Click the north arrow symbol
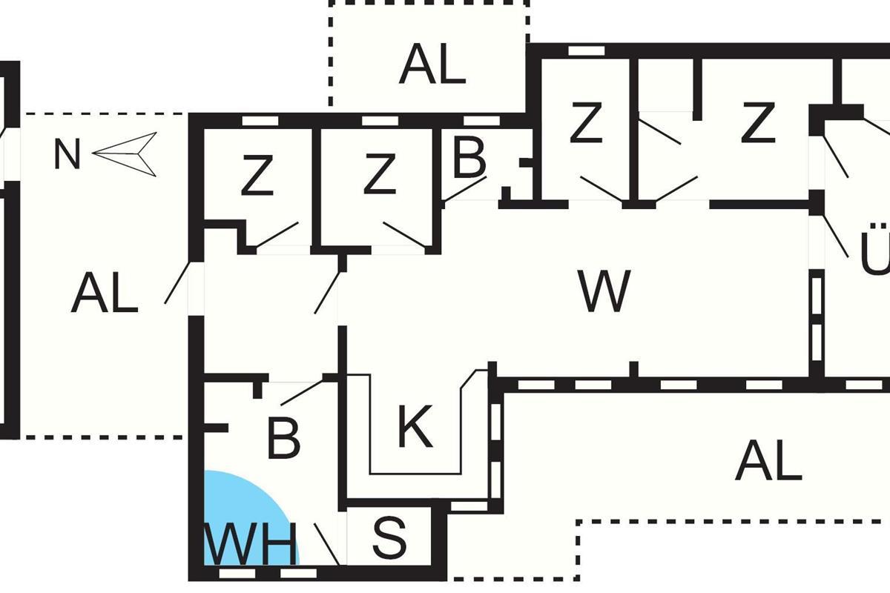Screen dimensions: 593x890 point(126,154)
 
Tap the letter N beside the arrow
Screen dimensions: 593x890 point(67,156)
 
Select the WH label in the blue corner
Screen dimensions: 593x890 point(250,546)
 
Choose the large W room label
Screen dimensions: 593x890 point(604,291)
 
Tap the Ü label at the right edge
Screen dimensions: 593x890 point(875,252)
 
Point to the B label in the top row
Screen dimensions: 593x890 point(469,158)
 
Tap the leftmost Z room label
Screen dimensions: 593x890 point(257,178)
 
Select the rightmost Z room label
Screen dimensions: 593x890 point(757,125)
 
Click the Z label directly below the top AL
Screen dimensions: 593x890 point(585,125)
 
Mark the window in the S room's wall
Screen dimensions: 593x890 point(465,506)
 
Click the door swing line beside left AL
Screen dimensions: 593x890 point(177,283)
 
